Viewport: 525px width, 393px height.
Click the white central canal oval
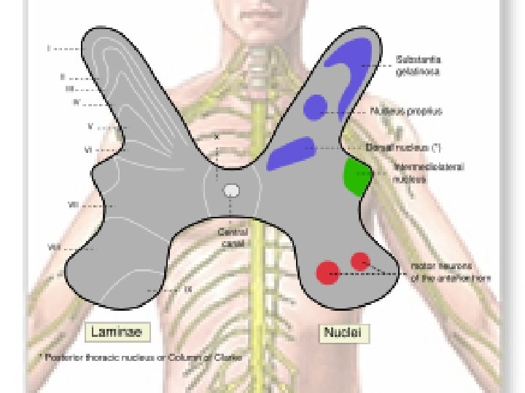tap(231, 191)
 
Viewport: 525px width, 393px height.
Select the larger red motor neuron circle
tap(327, 272)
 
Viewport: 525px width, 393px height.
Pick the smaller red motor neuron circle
tap(360, 261)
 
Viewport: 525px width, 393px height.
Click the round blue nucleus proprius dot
tap(315, 106)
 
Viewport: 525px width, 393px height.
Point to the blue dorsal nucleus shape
tap(290, 153)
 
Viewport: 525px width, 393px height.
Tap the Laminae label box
tap(119, 333)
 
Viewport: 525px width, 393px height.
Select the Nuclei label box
tap(346, 333)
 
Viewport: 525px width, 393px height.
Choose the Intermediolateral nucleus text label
tap(429, 172)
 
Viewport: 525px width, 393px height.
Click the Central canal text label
tap(233, 237)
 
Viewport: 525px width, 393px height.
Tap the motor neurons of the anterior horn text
tap(449, 272)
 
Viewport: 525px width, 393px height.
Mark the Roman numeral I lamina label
tap(50, 49)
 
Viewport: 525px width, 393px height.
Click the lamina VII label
tap(73, 205)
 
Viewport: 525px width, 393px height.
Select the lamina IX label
tap(187, 290)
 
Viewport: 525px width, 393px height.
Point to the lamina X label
tap(217, 136)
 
